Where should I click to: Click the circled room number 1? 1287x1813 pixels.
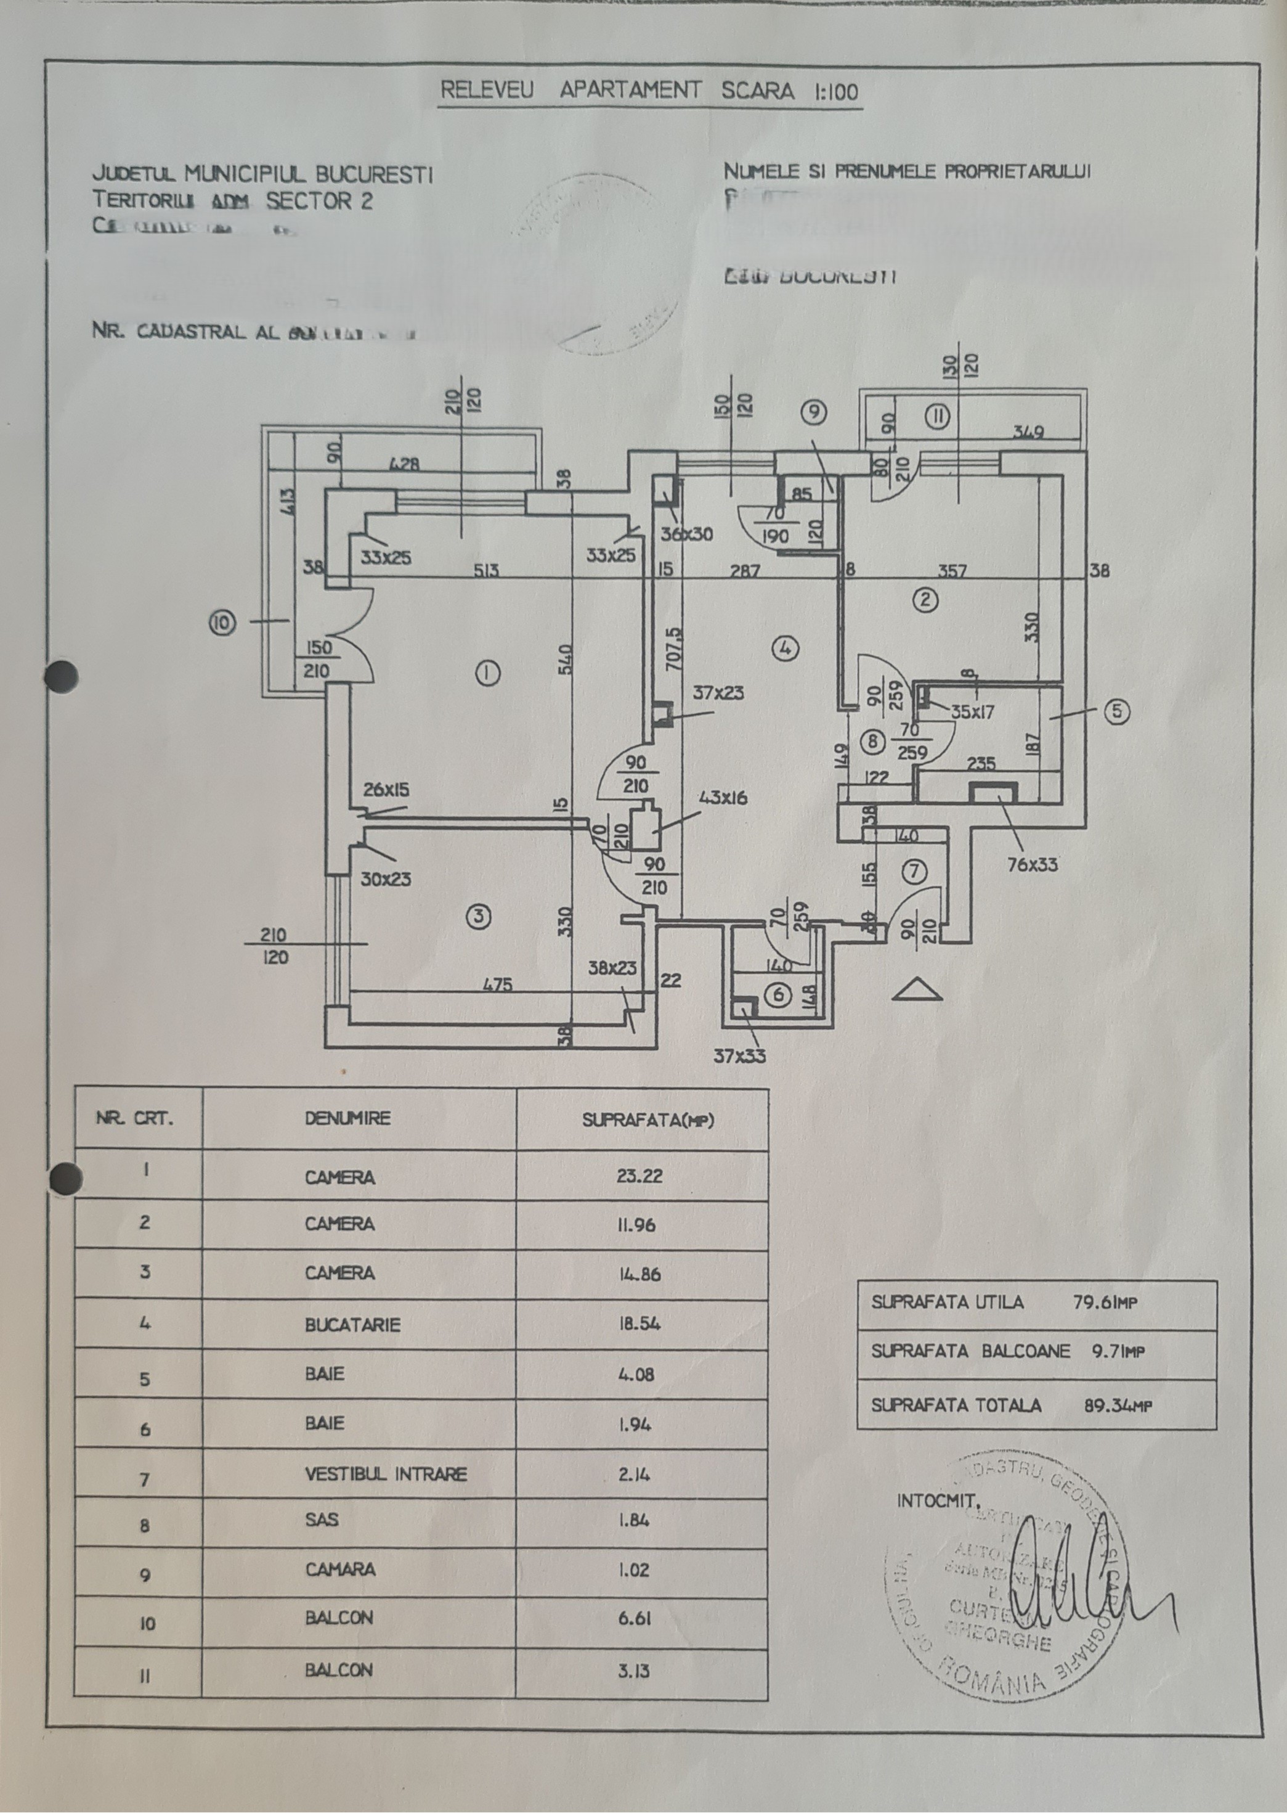pyautogui.click(x=487, y=674)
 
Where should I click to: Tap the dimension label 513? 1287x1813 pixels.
pyautogui.click(x=487, y=570)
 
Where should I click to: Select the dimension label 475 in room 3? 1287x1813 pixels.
pyautogui.click(x=497, y=984)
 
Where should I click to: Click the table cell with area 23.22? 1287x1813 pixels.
pyautogui.click(x=639, y=1176)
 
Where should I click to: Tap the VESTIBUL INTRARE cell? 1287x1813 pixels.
pyautogui.click(x=386, y=1475)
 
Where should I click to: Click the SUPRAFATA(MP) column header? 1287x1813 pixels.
pyautogui.click(x=648, y=1120)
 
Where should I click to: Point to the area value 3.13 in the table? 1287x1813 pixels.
pyautogui.click(x=634, y=1671)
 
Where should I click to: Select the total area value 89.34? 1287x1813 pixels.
pyautogui.click(x=1116, y=1406)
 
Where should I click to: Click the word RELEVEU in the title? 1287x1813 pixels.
pyautogui.click(x=487, y=91)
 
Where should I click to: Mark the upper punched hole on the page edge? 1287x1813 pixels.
pyautogui.click(x=61, y=676)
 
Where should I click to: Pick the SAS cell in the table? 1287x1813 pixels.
pyautogui.click(x=322, y=1520)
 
